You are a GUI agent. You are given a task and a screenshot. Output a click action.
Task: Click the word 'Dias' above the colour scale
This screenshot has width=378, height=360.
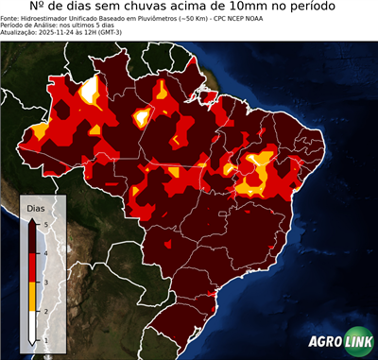[35, 207]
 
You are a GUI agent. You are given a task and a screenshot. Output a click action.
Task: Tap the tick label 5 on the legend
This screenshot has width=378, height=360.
[46, 224]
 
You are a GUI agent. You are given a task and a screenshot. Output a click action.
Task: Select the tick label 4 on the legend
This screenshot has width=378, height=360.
[46, 253]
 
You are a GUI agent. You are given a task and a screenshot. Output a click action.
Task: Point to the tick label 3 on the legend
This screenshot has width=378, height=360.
[46, 283]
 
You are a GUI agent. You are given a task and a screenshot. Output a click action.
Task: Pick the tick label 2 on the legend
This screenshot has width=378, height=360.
[46, 311]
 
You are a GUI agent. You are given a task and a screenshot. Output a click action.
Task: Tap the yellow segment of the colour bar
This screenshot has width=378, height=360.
[32, 297]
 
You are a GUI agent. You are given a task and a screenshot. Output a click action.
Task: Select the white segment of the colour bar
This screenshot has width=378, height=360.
[32, 326]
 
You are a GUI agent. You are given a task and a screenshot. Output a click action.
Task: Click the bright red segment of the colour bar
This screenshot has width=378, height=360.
[32, 267]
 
